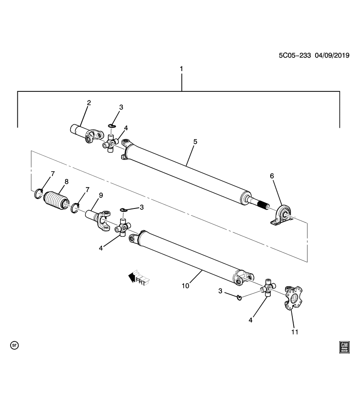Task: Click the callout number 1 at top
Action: pos(181,69)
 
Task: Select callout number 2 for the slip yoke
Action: pos(89,102)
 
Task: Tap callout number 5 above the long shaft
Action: pos(195,141)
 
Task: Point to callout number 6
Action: pos(272,175)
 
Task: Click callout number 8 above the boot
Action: pos(66,181)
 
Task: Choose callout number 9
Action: pos(101,195)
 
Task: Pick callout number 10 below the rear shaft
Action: pos(185,286)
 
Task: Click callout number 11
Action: pos(294,332)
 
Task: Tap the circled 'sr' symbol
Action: pos(14,345)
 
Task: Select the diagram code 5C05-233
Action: pos(294,55)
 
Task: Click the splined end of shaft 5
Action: pos(265,205)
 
